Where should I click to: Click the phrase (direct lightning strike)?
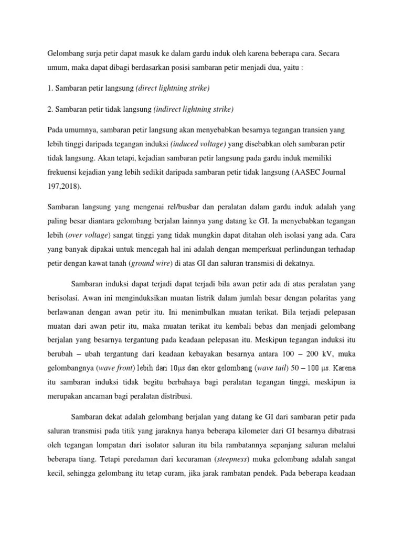(173, 89)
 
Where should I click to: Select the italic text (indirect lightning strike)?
(194, 109)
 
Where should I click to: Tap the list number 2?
(50, 109)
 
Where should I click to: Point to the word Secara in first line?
(342, 54)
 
